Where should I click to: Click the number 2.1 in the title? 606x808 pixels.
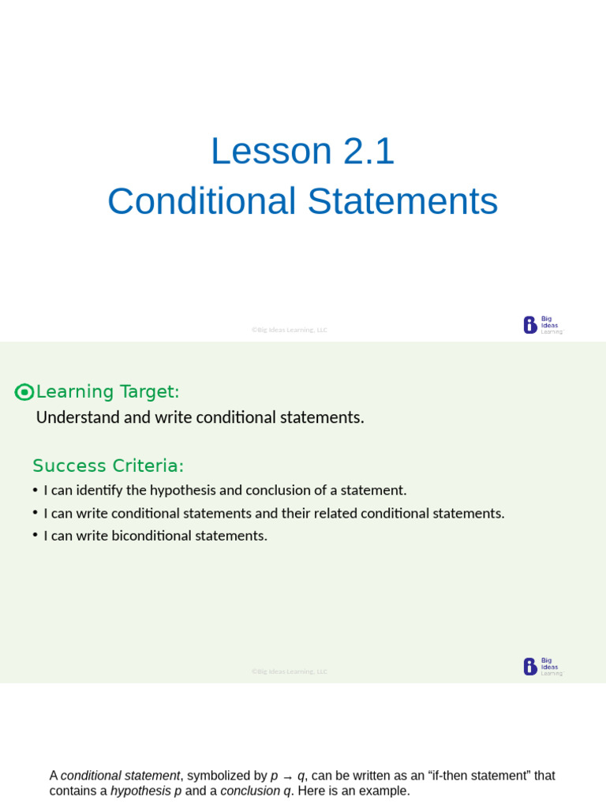368,151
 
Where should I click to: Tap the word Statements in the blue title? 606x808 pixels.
402,201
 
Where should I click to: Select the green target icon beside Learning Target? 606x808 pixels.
24,392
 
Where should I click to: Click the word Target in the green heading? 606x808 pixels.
149,391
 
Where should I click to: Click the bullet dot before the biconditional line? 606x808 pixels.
36,535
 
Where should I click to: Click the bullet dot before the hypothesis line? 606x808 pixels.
36,489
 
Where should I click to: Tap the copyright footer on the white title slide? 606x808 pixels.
290,330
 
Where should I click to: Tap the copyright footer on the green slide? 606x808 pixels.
290,671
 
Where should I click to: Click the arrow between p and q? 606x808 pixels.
287,777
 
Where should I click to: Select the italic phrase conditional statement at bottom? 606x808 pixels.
120,776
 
